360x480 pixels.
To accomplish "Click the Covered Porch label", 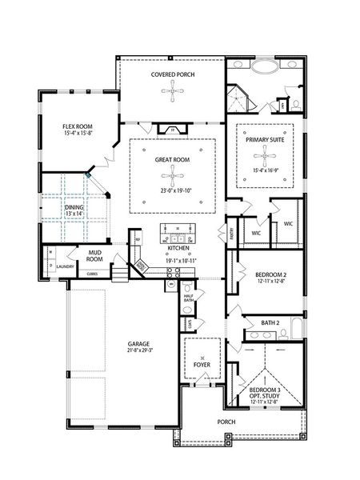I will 173,74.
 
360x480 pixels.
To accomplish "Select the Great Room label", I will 173,159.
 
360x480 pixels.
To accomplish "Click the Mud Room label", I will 95,256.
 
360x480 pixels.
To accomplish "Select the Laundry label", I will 66,266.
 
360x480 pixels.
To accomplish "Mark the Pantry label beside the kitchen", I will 230,234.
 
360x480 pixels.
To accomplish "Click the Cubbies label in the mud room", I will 92,274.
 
